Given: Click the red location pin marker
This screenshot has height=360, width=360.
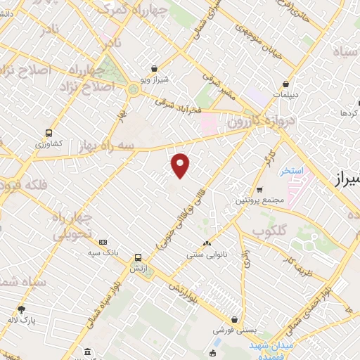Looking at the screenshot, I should [x=181, y=165].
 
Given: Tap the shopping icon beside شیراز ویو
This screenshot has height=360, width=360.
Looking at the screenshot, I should [x=154, y=69].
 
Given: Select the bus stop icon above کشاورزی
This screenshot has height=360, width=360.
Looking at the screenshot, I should [x=49, y=132].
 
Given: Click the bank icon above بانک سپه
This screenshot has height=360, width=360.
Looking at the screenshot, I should [x=103, y=242].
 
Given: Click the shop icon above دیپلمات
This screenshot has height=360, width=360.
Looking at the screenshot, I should [x=285, y=84].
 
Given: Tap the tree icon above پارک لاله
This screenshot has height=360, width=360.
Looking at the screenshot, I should [x=21, y=309].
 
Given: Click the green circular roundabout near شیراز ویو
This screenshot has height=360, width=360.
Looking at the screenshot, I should [x=133, y=89].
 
